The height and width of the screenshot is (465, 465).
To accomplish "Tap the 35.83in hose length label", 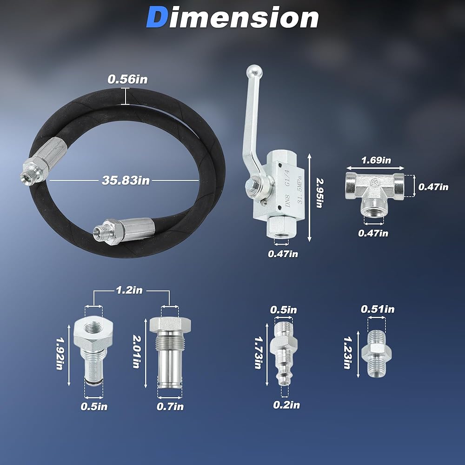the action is click(x=126, y=180).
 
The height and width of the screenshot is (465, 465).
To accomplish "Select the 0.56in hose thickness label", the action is click(x=127, y=80).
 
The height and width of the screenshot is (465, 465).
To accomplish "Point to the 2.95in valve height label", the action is click(x=320, y=193).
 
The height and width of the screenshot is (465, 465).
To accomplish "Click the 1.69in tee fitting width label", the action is click(x=376, y=160).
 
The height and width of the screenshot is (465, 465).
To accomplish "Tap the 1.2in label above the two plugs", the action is click(x=129, y=290).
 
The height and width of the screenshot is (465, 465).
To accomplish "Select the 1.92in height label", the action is click(x=60, y=353).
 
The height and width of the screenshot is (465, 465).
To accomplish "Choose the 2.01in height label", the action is click(x=136, y=352).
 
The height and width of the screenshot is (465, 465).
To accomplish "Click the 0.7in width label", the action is click(x=170, y=406).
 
